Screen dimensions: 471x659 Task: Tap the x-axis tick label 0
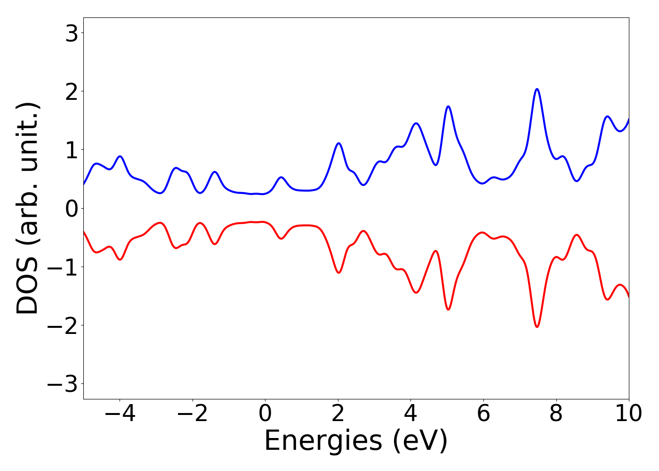click(265, 414)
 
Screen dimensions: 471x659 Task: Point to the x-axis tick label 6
click(483, 414)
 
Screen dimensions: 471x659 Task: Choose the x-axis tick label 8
click(556, 414)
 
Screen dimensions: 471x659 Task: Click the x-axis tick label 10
click(628, 414)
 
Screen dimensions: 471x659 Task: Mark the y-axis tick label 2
click(72, 91)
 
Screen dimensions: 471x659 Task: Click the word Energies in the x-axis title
click(323, 442)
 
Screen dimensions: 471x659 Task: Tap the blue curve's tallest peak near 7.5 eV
click(537, 89)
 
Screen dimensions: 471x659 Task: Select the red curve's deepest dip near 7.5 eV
click(537, 326)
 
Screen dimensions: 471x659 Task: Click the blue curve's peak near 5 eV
click(448, 106)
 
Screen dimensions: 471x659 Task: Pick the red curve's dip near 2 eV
click(338, 272)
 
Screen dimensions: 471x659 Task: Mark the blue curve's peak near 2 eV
click(338, 143)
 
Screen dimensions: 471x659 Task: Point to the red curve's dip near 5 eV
click(448, 309)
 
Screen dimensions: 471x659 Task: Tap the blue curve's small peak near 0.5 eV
click(281, 178)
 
